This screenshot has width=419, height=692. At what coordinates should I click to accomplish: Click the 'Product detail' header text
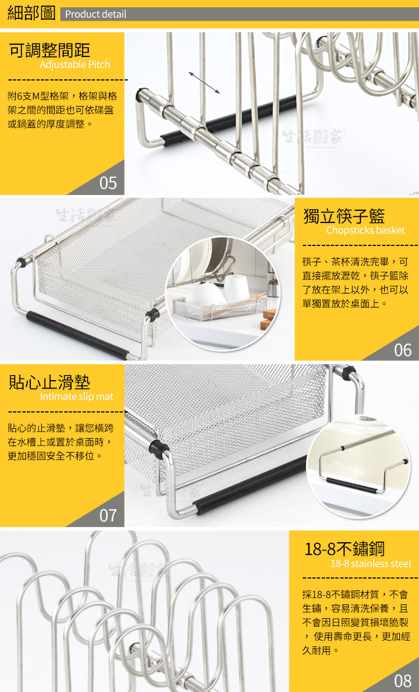pos(96,14)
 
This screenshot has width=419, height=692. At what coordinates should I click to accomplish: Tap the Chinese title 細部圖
pos(31,13)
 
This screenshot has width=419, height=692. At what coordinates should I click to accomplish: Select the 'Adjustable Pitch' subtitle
pos(75,65)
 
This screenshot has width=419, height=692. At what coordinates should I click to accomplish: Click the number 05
pos(108,183)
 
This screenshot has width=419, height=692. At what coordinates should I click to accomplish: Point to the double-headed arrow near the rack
pos(204,83)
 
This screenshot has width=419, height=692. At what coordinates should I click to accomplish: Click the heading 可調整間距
pos(49,50)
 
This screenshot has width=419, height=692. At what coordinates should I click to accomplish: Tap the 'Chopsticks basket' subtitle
pos(365,230)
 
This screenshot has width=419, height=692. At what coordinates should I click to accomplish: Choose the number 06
pos(403,350)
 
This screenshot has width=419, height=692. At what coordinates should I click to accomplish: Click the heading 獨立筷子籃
pos(344,216)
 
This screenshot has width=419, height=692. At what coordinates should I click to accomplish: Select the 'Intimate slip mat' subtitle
pos(77,397)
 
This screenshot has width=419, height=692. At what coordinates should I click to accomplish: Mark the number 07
pos(108,515)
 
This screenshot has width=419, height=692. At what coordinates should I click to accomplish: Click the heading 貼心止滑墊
pos(49,382)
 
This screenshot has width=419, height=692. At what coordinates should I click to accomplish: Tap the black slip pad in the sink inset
pos(351,485)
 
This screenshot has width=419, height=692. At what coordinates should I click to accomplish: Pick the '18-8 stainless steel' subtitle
pos(371,564)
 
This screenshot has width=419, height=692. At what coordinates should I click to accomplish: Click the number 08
pos(403,681)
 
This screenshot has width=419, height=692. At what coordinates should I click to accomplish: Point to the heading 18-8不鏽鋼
pos(344,549)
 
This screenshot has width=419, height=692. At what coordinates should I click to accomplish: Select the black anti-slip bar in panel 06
pos(77,335)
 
